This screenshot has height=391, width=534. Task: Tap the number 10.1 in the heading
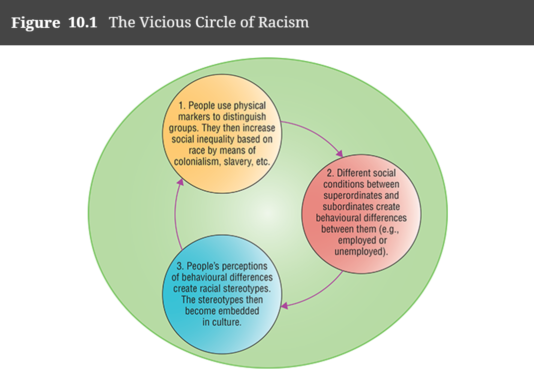(83, 23)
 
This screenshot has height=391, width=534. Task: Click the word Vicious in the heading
(159, 23)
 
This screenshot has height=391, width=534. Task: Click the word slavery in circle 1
(237, 162)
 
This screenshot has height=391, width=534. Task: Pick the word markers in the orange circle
(195, 117)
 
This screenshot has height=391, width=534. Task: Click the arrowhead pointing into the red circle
(340, 153)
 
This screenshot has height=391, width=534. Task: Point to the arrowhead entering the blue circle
(284, 305)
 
